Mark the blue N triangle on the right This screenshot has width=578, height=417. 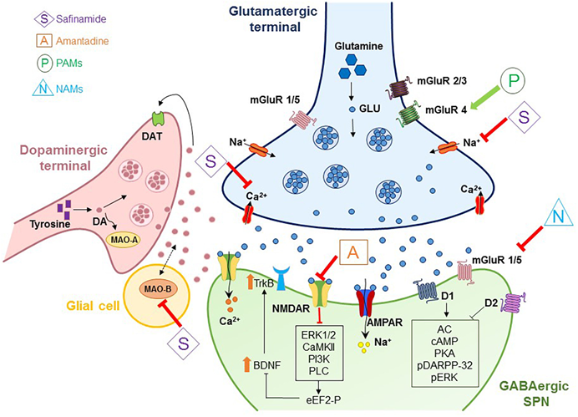[x=558, y=216]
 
